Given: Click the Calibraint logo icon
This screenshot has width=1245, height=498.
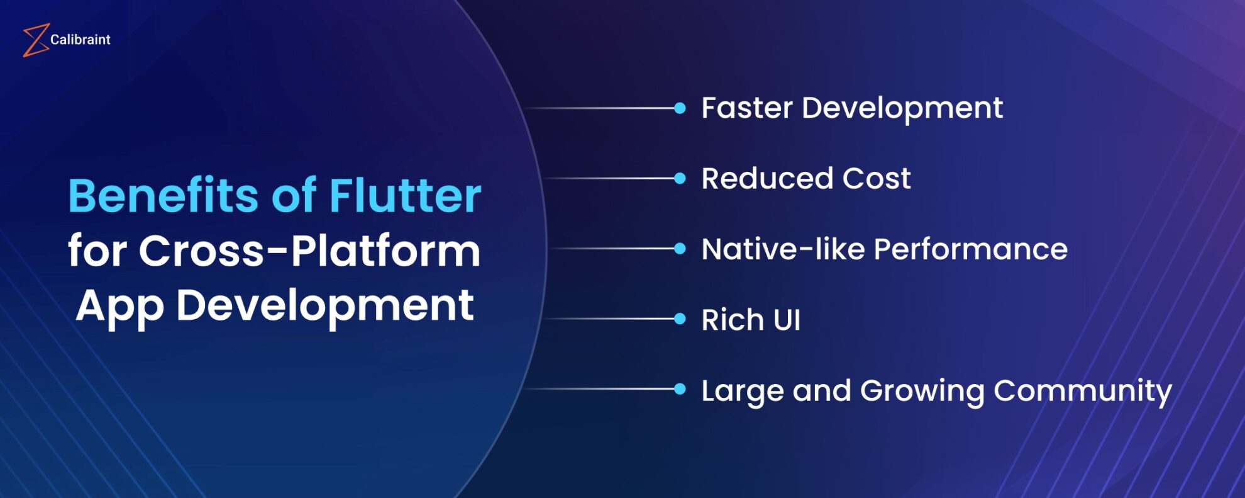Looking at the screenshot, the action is click(36, 40).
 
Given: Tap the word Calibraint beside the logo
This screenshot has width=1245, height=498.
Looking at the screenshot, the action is click(80, 40).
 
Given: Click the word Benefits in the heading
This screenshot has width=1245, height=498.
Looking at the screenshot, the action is click(163, 196).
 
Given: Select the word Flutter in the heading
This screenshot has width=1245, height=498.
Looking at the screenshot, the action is click(405, 196).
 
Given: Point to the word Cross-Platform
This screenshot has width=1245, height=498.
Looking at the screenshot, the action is click(309, 251).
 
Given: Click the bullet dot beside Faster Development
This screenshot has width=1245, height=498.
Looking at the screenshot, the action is click(680, 108).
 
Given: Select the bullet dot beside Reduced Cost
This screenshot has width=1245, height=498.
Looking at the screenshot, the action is click(680, 179).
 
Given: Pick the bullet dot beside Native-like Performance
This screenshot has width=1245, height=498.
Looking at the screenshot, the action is click(680, 249).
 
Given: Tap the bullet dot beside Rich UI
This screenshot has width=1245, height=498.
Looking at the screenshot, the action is click(680, 319).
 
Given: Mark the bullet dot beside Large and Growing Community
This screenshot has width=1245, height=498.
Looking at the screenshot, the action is click(680, 389).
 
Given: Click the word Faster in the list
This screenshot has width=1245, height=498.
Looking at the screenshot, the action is click(747, 108).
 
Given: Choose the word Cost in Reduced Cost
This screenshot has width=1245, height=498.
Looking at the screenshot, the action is click(877, 179).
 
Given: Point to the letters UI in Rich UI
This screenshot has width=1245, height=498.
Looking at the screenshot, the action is click(787, 320).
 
